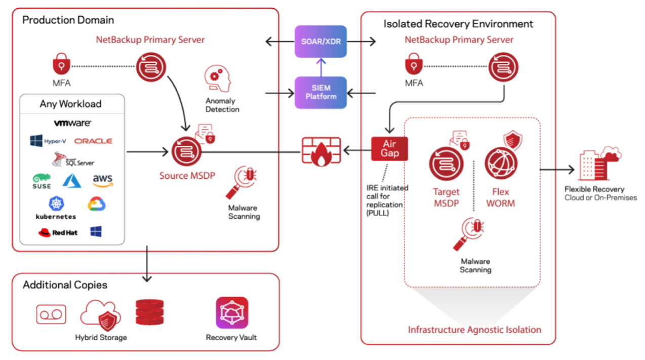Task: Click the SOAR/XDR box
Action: click(320, 41)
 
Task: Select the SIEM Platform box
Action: click(320, 92)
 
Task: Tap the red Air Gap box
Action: click(389, 148)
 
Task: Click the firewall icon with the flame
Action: click(320, 151)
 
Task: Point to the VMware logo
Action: click(72, 123)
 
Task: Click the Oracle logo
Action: click(93, 141)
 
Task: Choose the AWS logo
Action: click(103, 180)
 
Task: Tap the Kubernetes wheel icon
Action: click(56, 204)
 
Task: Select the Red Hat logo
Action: click(58, 232)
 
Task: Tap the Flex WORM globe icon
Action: click(500, 164)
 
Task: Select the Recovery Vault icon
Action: click(231, 313)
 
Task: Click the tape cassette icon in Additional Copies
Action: click(51, 314)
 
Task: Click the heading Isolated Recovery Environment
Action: click(458, 24)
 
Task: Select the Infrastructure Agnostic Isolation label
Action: click(474, 330)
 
